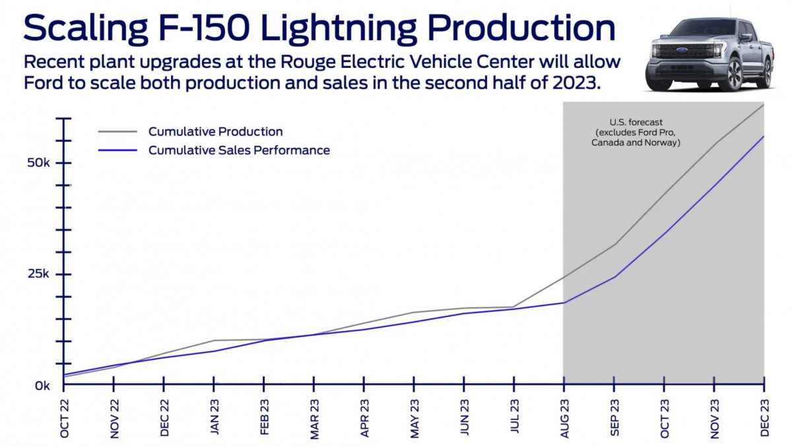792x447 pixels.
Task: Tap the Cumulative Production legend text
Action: [215, 131]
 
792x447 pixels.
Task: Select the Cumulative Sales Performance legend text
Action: [239, 150]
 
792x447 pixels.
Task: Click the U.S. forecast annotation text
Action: [635, 133]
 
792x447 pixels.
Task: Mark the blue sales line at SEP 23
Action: [614, 276]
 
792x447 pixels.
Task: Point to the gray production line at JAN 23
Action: [214, 340]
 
